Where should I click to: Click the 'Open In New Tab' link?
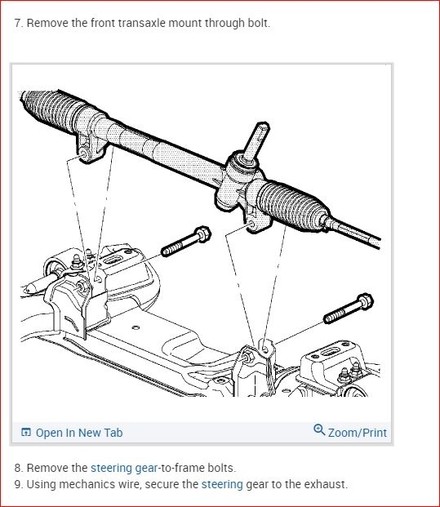coord(79,433)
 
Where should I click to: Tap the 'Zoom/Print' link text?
coord(358,433)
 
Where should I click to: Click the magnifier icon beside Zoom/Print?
coord(319,430)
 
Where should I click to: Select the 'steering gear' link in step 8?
coord(124,468)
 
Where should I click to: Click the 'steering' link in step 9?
coord(222,484)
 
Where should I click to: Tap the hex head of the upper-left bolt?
coord(202,234)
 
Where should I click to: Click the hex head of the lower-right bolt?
coord(365,302)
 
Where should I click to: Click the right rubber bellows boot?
coord(292,205)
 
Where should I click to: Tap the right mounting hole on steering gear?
coord(250,224)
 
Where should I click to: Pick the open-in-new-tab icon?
coord(26,432)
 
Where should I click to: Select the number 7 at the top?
coord(17,24)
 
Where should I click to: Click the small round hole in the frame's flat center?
coord(136,328)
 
